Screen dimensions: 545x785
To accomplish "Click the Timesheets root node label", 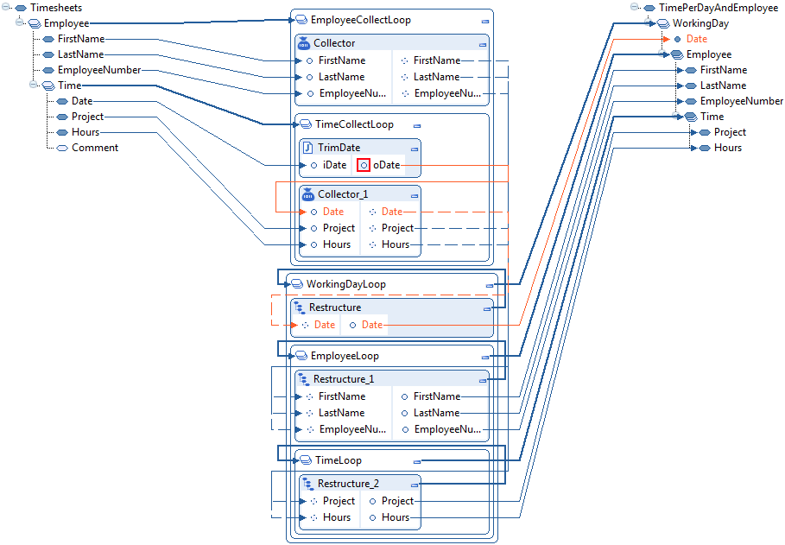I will pos(56,8).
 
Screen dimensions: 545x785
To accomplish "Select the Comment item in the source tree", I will pos(95,148).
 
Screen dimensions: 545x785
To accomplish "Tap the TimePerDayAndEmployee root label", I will pos(718,8).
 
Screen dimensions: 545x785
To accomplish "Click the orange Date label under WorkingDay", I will pos(696,39).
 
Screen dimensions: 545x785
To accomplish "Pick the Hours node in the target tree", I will pos(727,148).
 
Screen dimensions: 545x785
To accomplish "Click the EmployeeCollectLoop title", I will pos(360,20).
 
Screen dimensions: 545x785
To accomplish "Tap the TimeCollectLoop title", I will pos(354,124).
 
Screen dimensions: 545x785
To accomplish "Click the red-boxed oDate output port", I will pos(364,165).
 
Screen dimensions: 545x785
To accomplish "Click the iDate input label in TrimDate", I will pos(333,165).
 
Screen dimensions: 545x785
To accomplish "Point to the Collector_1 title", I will pos(348,194).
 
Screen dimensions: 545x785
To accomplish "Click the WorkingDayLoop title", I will pos(345,284).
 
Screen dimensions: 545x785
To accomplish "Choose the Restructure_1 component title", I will pos(344,379).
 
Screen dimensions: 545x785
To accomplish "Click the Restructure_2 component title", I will pos(348,484).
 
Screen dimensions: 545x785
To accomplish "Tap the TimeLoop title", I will pos(339,460).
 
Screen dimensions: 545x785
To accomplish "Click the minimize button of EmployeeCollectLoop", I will pos(485,21).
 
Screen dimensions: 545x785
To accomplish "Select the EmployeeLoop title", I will pos(345,356).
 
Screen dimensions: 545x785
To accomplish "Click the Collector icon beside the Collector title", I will pos(303,43).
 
